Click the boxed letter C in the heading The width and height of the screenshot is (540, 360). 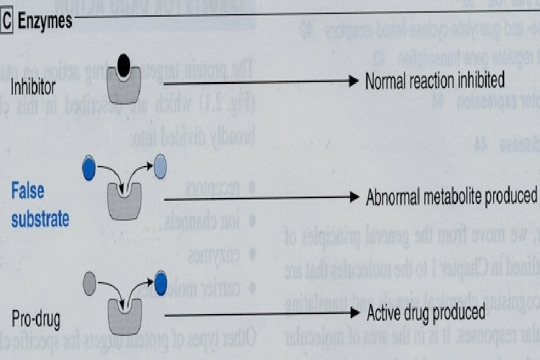(x=7, y=21)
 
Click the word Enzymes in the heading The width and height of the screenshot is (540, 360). (x=44, y=21)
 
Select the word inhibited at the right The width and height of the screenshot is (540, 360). (x=479, y=81)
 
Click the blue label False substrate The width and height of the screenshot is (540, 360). (x=39, y=204)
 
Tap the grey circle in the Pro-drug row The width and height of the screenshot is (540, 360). (x=90, y=285)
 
